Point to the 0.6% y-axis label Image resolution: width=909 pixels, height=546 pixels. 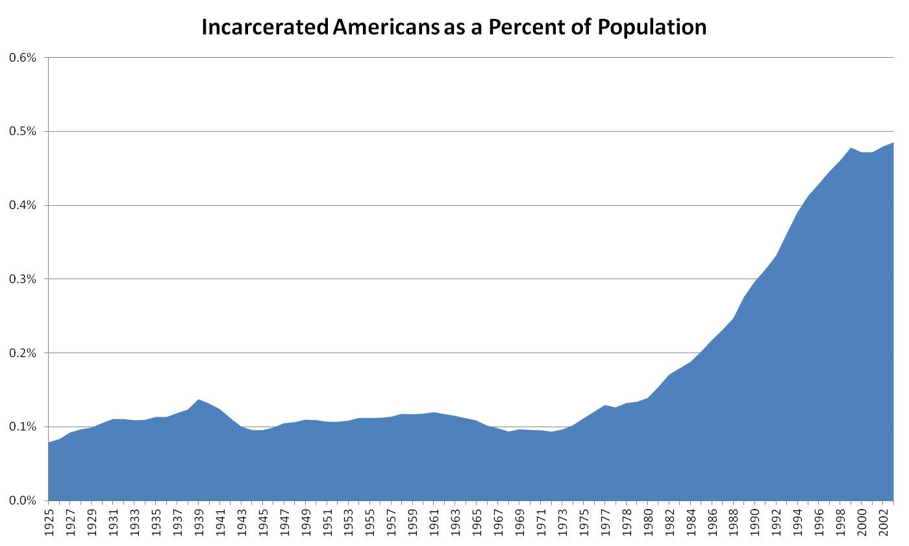(22, 58)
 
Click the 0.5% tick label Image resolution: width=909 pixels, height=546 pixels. (22, 132)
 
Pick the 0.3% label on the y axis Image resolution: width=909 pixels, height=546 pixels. (22, 279)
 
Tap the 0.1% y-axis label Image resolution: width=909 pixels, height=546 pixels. (22, 427)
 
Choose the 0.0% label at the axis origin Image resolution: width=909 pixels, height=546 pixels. (22, 501)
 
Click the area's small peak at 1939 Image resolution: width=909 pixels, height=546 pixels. (199, 400)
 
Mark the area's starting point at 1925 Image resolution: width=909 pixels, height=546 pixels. (49, 443)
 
